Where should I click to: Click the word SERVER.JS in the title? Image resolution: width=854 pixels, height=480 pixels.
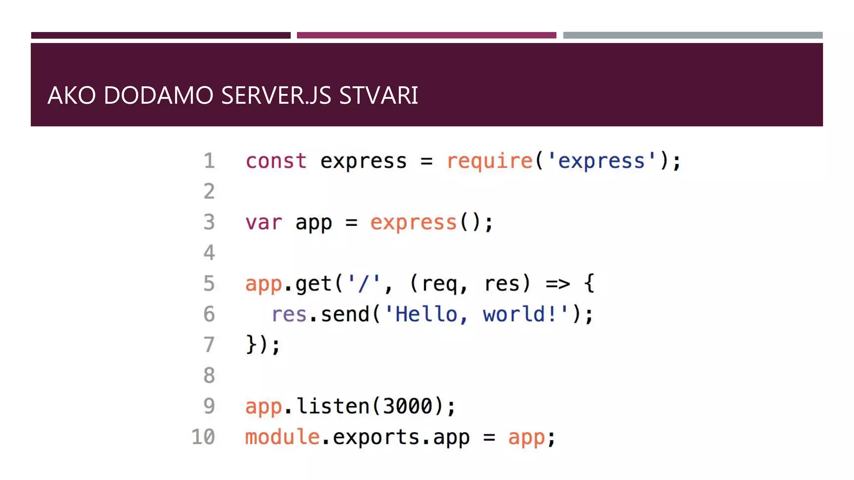(x=276, y=95)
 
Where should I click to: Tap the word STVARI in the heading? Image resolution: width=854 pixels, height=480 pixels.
(x=378, y=95)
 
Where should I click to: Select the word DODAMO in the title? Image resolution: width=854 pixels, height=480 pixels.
(x=158, y=95)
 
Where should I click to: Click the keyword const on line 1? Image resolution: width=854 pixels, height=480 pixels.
(x=276, y=161)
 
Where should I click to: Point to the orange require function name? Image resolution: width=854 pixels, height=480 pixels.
(x=490, y=161)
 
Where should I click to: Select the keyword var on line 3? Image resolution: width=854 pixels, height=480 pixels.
(x=264, y=222)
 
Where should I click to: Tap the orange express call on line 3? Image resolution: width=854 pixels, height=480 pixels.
(x=413, y=222)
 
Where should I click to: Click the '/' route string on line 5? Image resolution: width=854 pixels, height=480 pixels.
(x=364, y=284)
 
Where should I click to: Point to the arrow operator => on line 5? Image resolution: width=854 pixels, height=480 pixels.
(x=558, y=284)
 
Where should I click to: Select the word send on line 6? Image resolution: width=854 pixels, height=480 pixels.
(x=345, y=314)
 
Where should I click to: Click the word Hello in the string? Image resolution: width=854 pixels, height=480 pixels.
(x=426, y=314)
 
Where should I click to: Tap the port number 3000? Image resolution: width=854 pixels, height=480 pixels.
(x=407, y=406)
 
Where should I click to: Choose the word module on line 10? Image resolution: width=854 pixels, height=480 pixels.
(x=282, y=437)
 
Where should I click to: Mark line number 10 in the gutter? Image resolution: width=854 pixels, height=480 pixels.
(x=203, y=437)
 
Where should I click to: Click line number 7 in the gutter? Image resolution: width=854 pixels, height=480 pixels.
(x=209, y=345)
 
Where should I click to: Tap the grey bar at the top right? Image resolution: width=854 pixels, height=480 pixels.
(x=693, y=35)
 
